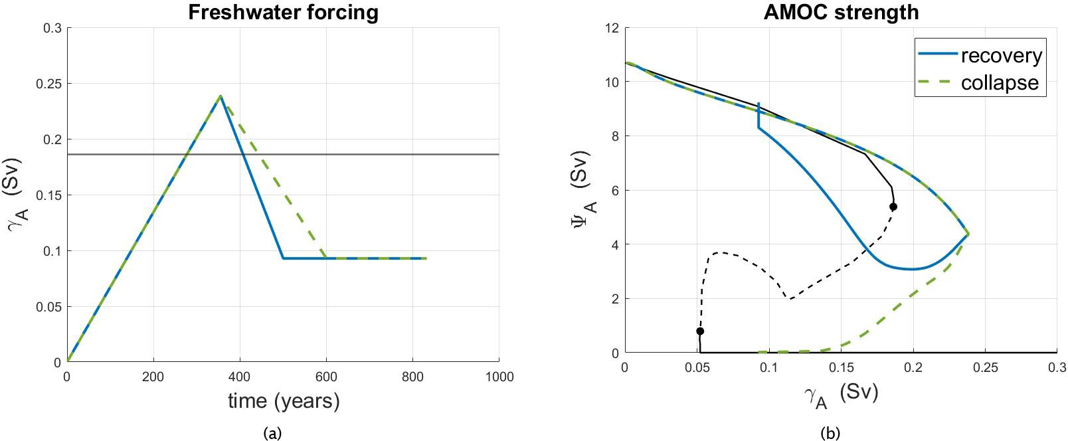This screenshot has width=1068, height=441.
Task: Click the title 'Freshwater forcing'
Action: click(283, 12)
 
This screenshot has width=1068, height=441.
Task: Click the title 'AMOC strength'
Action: click(841, 12)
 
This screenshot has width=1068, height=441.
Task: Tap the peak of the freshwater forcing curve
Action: click(221, 96)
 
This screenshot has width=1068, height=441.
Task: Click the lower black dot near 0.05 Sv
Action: click(700, 331)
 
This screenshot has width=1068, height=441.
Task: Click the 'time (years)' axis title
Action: click(284, 400)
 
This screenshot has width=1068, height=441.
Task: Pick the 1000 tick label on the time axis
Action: click(499, 377)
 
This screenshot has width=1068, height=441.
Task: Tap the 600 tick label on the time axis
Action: click(326, 377)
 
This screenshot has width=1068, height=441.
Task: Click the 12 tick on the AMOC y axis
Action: click(612, 28)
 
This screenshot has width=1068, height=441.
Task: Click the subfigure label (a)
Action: click(272, 433)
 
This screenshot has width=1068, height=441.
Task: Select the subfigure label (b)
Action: click(830, 433)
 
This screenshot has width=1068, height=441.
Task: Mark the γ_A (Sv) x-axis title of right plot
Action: click(841, 394)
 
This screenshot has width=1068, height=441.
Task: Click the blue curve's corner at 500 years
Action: click(283, 258)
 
